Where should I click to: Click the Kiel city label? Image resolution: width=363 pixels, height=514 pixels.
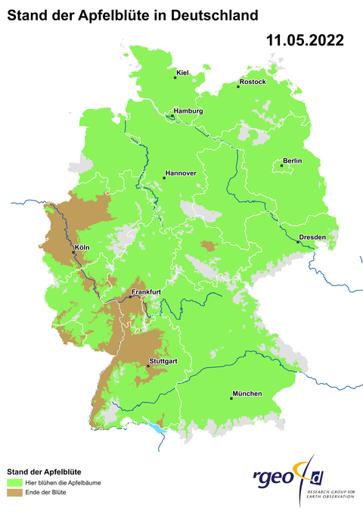(x=182, y=73)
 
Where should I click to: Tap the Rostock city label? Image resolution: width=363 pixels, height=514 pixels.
(x=253, y=81)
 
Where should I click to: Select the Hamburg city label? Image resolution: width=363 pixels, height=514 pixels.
(x=189, y=111)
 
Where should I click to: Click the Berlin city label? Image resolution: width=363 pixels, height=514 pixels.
(x=292, y=160)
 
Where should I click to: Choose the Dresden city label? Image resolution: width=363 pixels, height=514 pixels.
(x=312, y=237)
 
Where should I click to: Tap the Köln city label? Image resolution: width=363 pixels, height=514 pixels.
(x=82, y=248)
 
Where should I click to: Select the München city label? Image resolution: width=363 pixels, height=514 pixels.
(x=247, y=394)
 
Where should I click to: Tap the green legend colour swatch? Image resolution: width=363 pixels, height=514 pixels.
(x=14, y=482)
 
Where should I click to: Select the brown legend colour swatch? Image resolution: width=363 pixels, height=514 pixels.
(x=14, y=493)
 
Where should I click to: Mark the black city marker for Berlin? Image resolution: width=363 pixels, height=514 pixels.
(x=281, y=165)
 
